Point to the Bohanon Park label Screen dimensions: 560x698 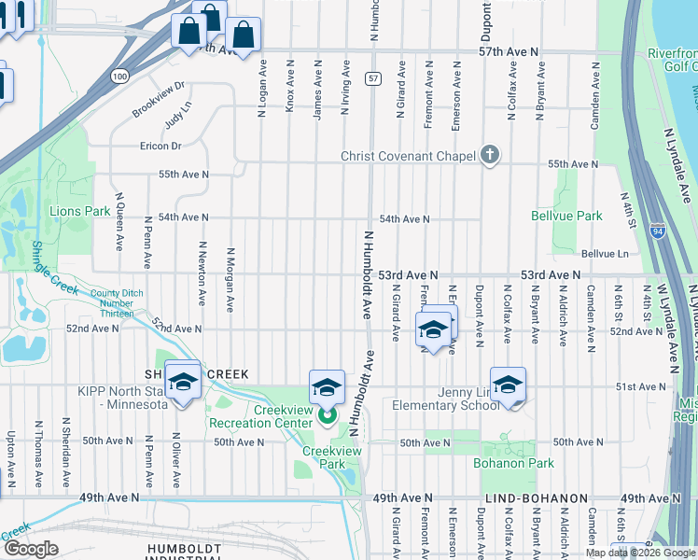coord(514,463)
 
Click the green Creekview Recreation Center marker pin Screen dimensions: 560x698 coord(327,415)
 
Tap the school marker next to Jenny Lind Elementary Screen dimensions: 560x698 coord(507,385)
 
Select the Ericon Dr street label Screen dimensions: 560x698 coord(161,146)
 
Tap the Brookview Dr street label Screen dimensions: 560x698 coord(159,99)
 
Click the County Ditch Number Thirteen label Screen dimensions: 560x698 coord(118,303)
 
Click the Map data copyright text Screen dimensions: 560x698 coord(640,553)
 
